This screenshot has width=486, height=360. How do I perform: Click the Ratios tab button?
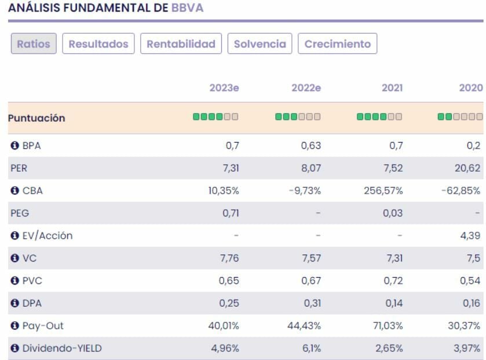pos(34,44)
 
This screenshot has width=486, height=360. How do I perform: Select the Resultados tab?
pos(98,44)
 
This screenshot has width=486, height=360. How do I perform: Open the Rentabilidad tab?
pos(181,44)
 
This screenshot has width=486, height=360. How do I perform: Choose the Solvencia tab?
pos(260,44)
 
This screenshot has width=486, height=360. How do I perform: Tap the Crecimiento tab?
pos(337,44)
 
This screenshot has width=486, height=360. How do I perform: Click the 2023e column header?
pos(224,88)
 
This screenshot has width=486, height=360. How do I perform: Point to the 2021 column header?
pos(392,88)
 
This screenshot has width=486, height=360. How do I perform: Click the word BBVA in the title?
pos(187,9)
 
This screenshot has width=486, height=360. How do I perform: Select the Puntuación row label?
pos(36,118)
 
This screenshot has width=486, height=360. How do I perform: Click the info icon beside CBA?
pos(14,191)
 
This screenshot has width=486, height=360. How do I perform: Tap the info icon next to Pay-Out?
pos(14,326)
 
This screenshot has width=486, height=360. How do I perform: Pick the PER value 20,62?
pos(470,168)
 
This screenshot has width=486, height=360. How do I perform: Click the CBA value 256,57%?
pos(382,191)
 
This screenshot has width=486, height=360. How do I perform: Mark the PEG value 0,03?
pos(393,213)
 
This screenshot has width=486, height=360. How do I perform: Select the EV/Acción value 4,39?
pos(473,236)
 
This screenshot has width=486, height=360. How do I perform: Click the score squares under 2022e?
pos(298,117)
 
